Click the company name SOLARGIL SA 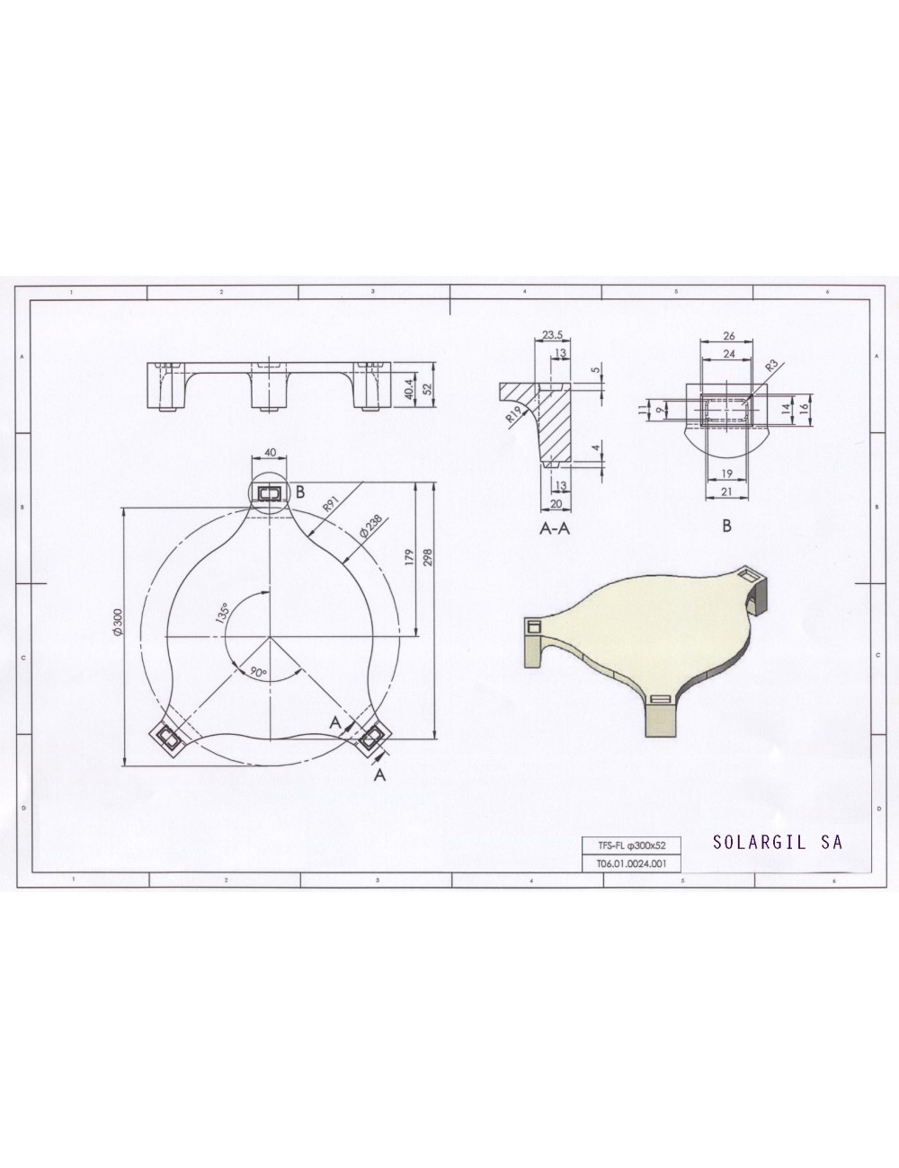(777, 843)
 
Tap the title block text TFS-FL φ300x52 (629, 845)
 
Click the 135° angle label (221, 613)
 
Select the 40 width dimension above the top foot (271, 453)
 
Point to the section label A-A (555, 529)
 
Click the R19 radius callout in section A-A (513, 413)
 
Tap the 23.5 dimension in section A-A (553, 335)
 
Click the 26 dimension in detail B (728, 336)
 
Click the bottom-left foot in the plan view (168, 738)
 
